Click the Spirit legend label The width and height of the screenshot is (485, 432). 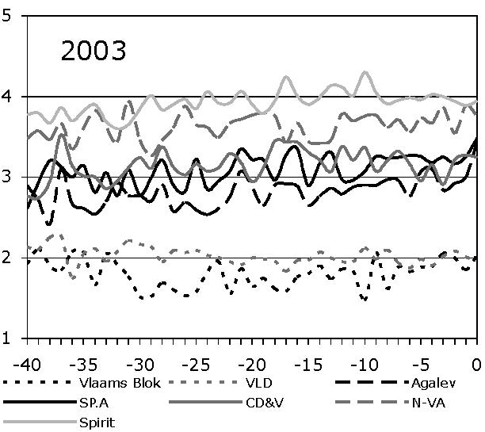97,422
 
